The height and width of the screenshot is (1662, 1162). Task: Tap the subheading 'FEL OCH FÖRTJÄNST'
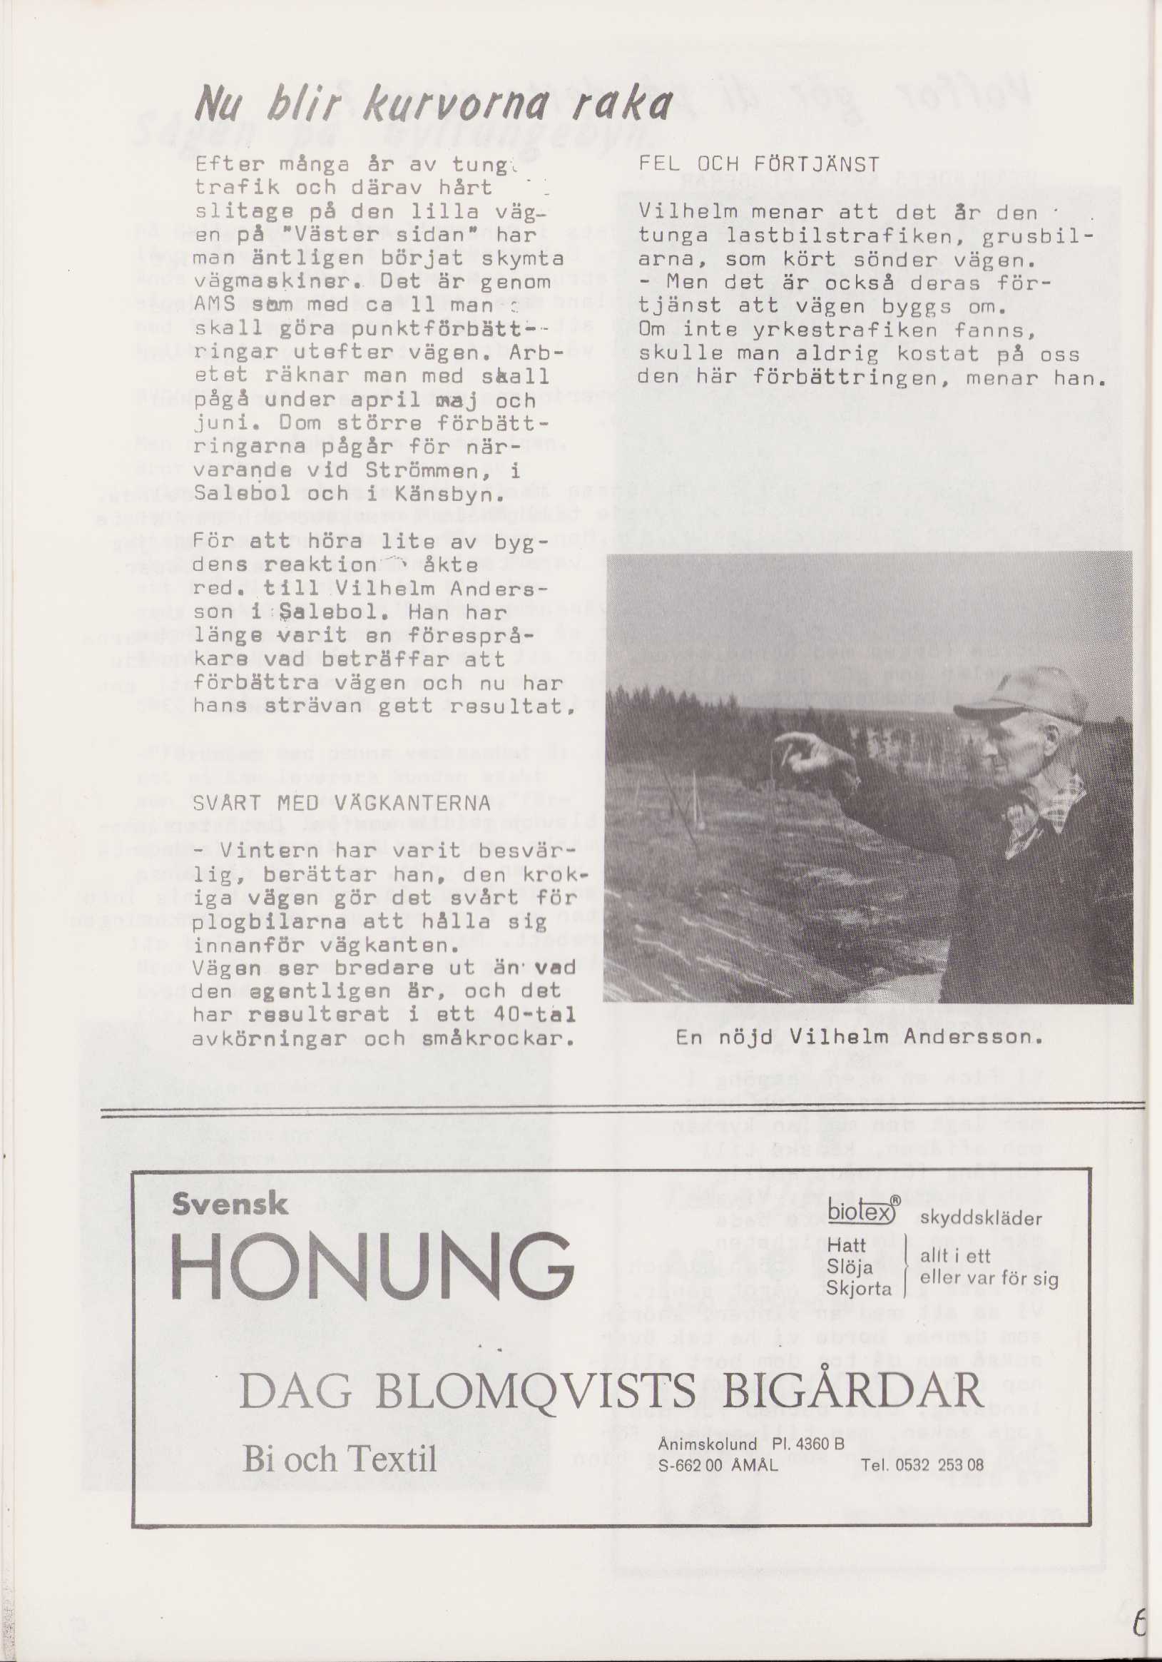(x=759, y=165)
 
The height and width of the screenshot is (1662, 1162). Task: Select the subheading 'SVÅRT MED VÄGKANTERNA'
(x=342, y=804)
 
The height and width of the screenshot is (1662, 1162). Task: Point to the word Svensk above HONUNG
(x=230, y=1205)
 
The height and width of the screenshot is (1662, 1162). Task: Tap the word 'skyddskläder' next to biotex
(x=980, y=1217)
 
